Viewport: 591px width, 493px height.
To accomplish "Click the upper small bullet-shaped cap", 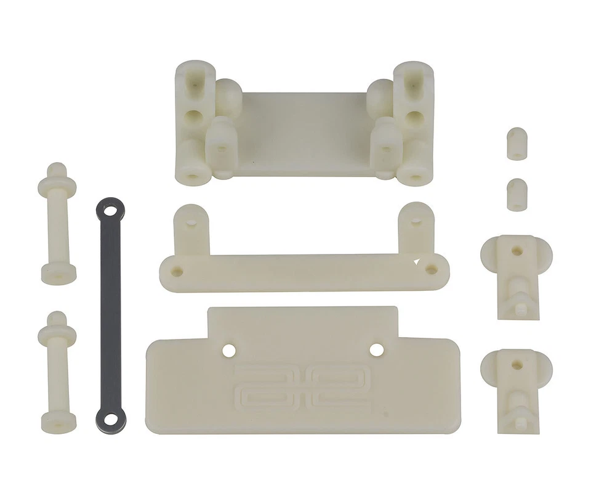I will click(x=517, y=144).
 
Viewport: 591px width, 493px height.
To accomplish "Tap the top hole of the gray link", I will click(x=111, y=211).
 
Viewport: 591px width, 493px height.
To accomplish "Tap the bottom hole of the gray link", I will click(x=111, y=419).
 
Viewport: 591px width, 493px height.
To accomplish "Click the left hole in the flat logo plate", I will click(x=229, y=349).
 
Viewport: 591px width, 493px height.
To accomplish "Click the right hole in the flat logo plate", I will click(x=377, y=349).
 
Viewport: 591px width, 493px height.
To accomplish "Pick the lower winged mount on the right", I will click(x=517, y=385).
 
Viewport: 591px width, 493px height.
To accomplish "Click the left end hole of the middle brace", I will click(x=178, y=271).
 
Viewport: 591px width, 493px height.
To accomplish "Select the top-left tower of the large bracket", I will click(x=195, y=86).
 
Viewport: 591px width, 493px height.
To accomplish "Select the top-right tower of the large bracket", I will click(x=413, y=86).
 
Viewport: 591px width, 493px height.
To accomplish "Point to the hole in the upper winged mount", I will click(x=517, y=251).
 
